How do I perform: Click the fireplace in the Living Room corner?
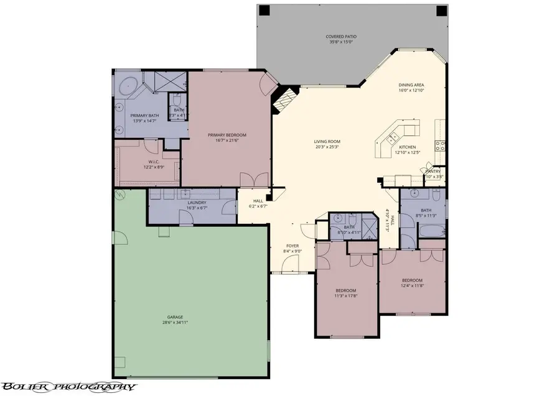tap(284, 99)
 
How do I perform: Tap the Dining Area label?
tap(411, 85)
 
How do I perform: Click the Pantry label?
tap(433, 171)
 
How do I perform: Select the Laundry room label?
tap(197, 203)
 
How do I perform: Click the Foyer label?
tap(292, 246)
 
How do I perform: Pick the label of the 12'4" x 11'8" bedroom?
tap(412, 280)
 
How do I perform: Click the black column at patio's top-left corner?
tap(264, 11)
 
